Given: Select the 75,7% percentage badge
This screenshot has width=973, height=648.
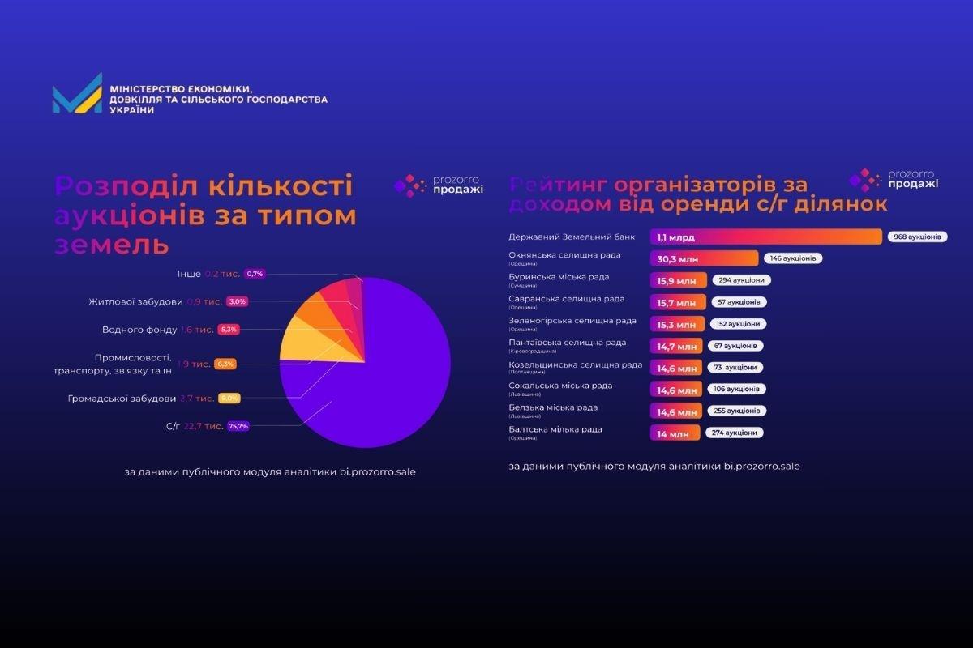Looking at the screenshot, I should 238,426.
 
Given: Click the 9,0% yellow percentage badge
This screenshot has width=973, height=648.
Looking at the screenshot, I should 229,399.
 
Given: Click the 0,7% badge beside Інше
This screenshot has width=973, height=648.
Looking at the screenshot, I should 255,275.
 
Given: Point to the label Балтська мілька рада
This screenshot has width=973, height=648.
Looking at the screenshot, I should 555,429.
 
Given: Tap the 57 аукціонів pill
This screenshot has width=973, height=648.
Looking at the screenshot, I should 739,302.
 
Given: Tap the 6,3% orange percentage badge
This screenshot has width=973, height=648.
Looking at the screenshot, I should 225,364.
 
